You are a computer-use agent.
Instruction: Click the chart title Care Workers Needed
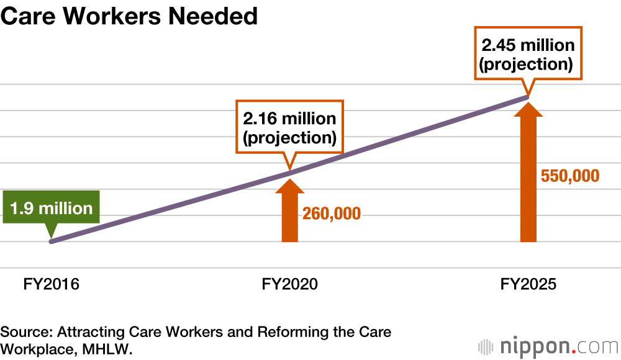[x=129, y=16]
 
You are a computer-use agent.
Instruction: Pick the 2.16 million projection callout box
[x=289, y=128]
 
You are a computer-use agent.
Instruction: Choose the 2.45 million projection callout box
[x=528, y=54]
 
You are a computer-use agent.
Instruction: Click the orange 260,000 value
[x=331, y=214]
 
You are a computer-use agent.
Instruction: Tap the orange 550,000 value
[x=570, y=176]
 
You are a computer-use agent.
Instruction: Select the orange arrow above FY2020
[x=289, y=211]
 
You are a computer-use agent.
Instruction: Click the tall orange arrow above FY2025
[x=528, y=174]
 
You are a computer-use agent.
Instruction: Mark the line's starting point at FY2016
[x=52, y=241]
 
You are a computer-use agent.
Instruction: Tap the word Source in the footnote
[x=21, y=331]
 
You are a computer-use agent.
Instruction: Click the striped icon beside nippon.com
[x=484, y=346]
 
